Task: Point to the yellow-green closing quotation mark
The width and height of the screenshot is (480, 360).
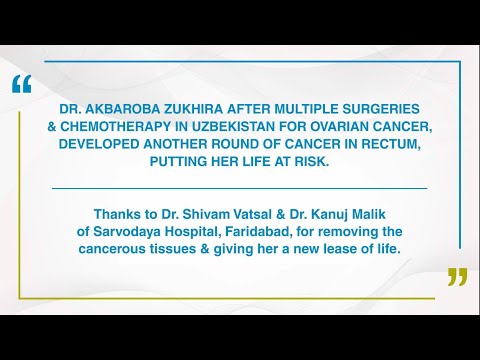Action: coord(456,277)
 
